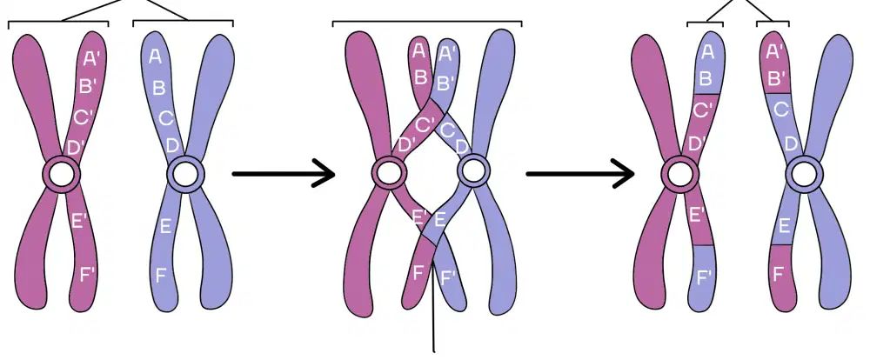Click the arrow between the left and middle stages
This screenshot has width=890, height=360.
point(284,174)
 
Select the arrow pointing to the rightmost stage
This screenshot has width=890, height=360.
point(580,174)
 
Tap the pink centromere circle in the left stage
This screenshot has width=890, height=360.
point(60,175)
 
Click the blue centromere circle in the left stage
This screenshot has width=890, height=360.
point(184,175)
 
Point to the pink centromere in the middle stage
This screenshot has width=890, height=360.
point(390,173)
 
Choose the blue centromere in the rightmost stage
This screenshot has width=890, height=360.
point(804,175)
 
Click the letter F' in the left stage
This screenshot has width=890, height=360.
point(88,276)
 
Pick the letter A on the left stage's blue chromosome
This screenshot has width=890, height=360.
point(155,57)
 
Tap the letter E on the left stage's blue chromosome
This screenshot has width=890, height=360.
point(166,227)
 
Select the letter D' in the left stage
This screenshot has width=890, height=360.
point(76,148)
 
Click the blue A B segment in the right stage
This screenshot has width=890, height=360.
point(708,63)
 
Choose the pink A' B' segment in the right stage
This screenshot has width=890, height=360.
point(775,63)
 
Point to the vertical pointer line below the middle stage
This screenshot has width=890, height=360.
point(434,306)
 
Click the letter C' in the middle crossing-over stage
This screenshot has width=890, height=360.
point(425,123)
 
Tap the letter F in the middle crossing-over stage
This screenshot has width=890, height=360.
point(418,273)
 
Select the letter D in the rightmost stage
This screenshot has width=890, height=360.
point(791,143)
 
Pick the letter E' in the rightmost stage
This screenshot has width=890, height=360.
point(697,214)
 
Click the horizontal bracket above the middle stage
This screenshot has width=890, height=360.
point(427,23)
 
